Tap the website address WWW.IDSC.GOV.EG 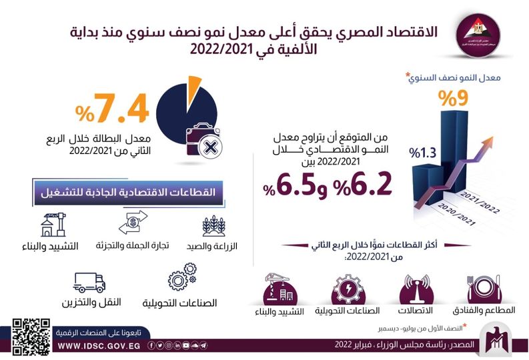(99, 346)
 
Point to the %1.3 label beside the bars (424, 153)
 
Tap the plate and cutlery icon (486, 287)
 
